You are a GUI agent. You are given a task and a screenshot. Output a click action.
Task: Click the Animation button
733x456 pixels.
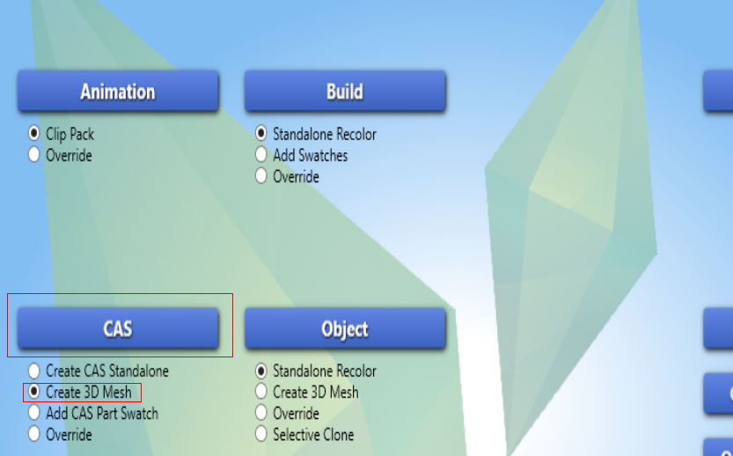click(118, 91)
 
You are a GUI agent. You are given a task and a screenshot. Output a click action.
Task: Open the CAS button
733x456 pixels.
click(118, 327)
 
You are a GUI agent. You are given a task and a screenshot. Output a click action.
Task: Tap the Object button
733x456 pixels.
click(345, 327)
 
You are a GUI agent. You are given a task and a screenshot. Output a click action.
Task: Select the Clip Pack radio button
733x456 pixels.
click(33, 133)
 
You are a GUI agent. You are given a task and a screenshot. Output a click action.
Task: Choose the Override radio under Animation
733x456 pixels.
click(33, 154)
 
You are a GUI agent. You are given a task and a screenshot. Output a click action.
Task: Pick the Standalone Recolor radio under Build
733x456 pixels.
click(260, 133)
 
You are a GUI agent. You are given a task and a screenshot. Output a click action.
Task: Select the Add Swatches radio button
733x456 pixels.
click(260, 154)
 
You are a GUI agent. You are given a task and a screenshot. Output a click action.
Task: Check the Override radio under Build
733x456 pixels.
click(260, 176)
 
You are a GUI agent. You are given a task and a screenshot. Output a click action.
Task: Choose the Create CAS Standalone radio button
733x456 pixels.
click(33, 371)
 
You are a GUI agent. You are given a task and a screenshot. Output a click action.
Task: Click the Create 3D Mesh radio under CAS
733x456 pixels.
click(33, 392)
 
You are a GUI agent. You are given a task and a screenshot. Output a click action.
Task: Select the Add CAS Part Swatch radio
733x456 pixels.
click(33, 413)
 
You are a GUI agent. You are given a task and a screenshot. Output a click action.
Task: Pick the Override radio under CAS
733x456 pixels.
click(33, 433)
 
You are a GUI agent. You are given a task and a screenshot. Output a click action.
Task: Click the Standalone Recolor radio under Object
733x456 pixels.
click(260, 371)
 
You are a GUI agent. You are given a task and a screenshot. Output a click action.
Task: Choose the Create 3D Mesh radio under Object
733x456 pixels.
click(260, 392)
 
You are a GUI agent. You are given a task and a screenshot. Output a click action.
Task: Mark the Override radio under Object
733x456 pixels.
click(260, 413)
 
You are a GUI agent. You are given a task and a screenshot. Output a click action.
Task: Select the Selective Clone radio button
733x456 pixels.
click(260, 433)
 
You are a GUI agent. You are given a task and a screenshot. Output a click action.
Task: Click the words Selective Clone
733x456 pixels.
click(313, 435)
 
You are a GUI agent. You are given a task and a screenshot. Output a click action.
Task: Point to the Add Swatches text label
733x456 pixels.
click(311, 155)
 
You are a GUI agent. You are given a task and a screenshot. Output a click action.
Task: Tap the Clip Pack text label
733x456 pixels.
click(70, 134)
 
